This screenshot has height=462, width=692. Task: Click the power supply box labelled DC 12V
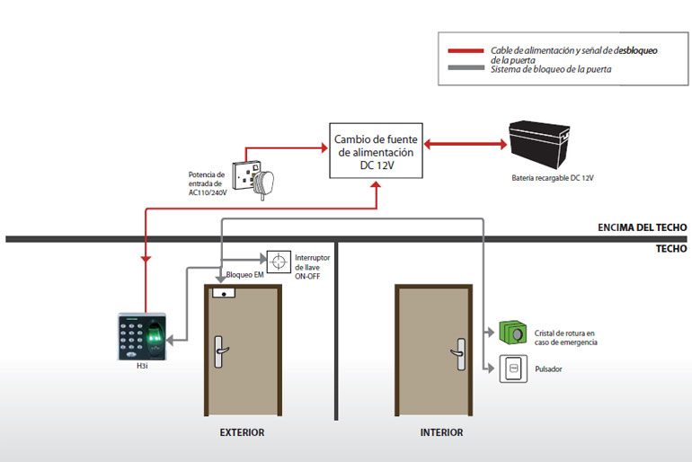coord(376,151)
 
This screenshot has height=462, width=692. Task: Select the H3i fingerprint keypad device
coord(142,337)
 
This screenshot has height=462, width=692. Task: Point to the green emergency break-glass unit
coord(513,333)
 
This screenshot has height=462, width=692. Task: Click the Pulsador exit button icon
coord(513,369)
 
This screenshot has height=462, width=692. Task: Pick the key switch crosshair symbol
coord(279,262)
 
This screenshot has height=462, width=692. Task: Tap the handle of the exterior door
coord(220,351)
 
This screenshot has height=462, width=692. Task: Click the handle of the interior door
coord(458,354)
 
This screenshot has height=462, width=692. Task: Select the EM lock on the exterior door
coord(224,293)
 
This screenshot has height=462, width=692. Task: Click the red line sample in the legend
coord(466,50)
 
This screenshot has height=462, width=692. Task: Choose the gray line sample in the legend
coord(466,67)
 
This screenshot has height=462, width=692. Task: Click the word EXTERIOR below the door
coord(242,432)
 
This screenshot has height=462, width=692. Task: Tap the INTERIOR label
coord(442,432)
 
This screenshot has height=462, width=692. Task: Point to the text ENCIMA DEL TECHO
coord(643,227)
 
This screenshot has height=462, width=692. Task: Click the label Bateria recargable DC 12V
coord(553,178)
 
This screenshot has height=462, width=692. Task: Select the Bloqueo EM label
coord(245,274)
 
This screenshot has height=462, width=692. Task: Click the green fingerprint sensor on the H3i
coord(154,336)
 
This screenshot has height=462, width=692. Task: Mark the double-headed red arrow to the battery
coord(466,144)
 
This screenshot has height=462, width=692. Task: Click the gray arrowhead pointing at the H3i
coord(171,341)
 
